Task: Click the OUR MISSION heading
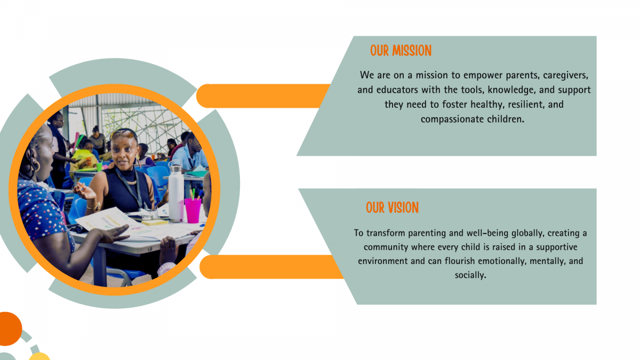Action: tap(401, 51)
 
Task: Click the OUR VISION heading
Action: tap(392, 207)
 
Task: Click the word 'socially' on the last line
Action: tap(470, 275)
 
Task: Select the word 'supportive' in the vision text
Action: tap(557, 247)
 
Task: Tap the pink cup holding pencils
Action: tap(193, 211)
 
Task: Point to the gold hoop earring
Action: tap(36, 166)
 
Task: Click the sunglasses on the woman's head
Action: tap(123, 133)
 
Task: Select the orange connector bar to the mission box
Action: tap(263, 96)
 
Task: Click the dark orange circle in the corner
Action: tap(10, 329)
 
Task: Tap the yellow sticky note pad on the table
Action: tap(154, 222)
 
